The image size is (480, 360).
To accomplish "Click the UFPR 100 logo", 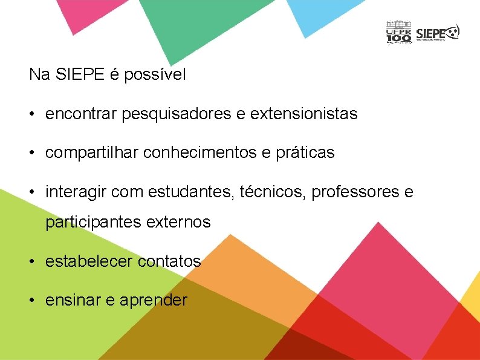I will [399, 33].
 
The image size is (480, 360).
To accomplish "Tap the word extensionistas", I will [311, 114].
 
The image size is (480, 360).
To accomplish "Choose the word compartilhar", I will [92, 153].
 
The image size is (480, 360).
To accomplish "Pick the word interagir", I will [74, 192].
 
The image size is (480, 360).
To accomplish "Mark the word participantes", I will [94, 223].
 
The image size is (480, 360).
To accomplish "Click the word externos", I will [178, 222].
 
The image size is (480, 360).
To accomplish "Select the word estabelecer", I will [89, 261].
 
